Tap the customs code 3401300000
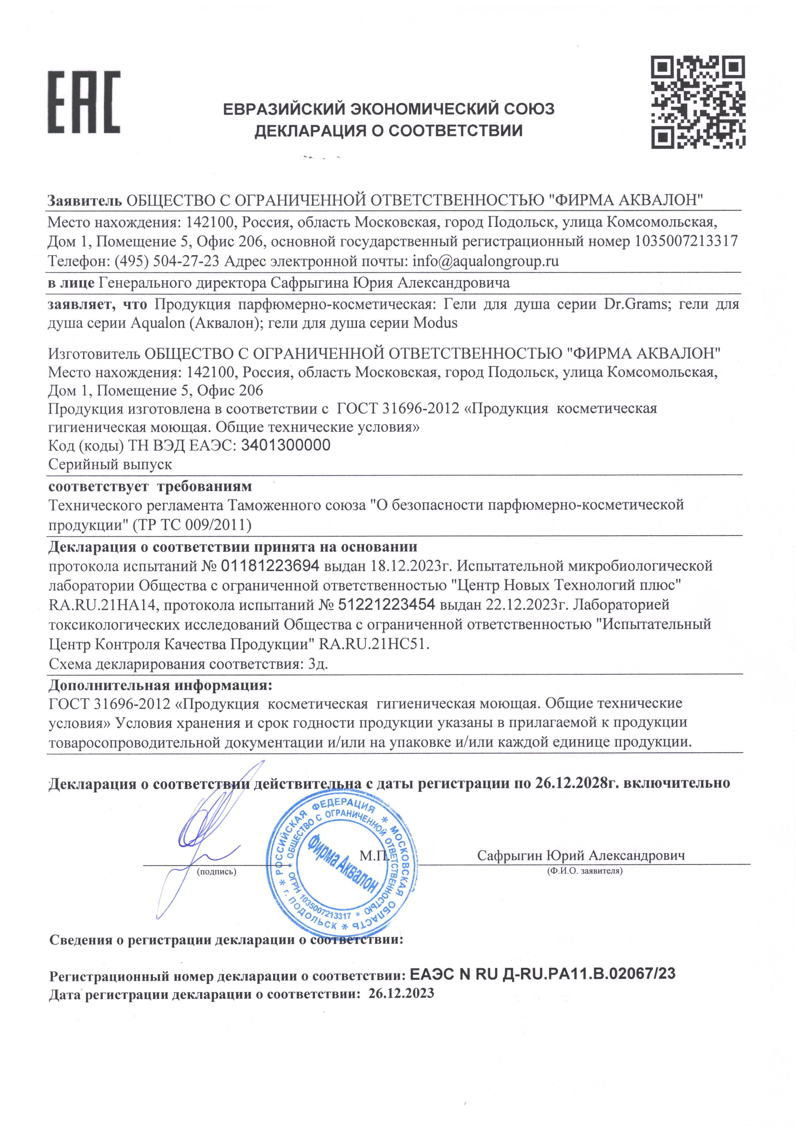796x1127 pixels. (x=286, y=445)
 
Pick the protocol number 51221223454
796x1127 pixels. (x=386, y=604)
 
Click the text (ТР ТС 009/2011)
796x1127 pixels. (x=191, y=525)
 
